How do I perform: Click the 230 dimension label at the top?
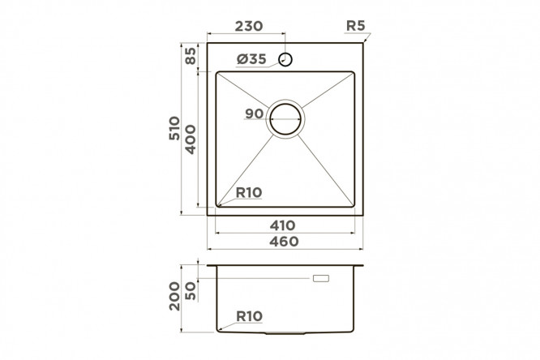249,26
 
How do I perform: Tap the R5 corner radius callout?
355,25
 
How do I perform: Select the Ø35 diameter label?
251,59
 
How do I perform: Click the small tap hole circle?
285,60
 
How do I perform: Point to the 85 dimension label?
191,56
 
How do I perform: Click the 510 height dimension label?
174,128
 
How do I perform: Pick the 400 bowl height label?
190,139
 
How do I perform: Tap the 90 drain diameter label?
254,114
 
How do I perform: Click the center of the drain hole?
285,119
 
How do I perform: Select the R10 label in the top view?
249,193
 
